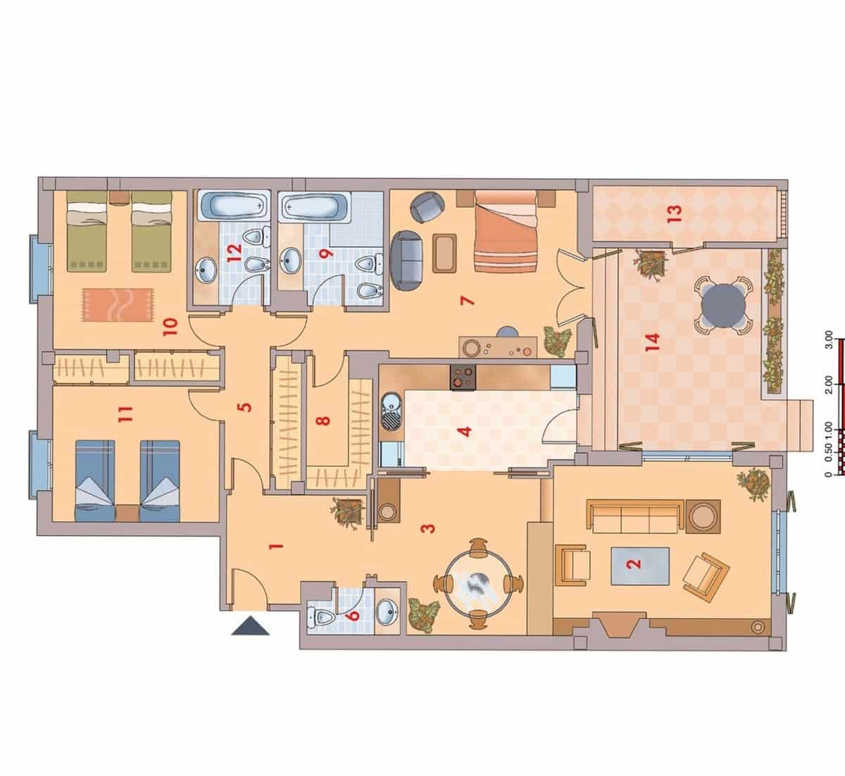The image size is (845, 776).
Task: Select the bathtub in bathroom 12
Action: (x=234, y=206)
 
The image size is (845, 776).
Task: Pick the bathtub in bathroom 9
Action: (x=314, y=207)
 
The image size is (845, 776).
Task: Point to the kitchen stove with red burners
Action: (x=463, y=378)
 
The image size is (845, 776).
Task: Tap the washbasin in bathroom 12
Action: (x=206, y=268)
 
